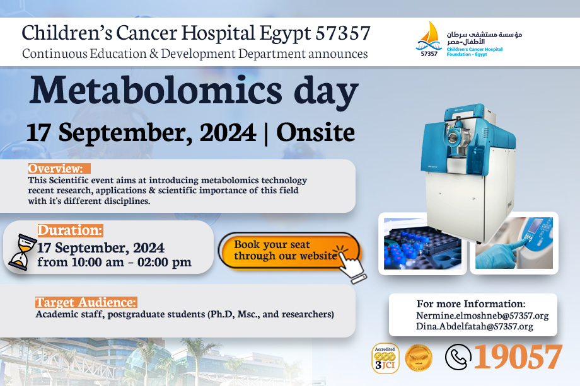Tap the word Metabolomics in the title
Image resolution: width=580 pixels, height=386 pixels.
156,91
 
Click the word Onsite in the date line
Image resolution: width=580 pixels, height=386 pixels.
315,132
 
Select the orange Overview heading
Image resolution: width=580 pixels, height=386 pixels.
59,168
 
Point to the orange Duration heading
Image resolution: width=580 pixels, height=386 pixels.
70,230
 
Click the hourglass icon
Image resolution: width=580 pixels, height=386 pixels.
22,251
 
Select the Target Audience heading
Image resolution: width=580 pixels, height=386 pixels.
86,302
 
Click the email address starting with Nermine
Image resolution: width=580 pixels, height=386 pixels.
482,316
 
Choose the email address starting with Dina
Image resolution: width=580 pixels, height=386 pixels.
475,327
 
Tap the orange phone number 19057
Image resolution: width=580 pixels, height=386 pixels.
518,356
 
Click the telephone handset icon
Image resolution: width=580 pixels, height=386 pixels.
458,357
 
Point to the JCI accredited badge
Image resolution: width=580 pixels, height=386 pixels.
385,358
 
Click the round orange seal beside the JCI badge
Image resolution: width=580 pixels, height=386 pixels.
419,358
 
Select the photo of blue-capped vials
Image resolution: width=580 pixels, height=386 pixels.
423,244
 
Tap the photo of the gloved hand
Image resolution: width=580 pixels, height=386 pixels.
514,242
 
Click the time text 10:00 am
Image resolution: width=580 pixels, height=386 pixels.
98,262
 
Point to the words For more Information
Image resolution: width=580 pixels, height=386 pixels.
471,304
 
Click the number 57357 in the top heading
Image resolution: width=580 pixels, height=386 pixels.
343,33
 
